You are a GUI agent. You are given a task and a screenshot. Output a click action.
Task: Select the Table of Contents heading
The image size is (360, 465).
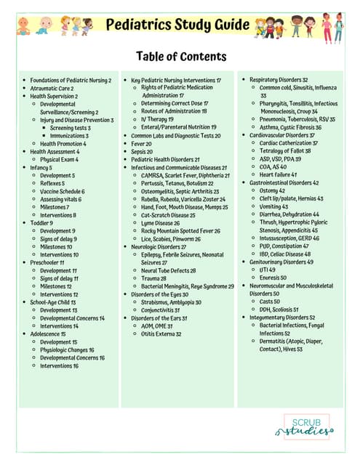click(x=180, y=57)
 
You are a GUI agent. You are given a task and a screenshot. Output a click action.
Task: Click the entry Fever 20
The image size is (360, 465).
click(x=142, y=144)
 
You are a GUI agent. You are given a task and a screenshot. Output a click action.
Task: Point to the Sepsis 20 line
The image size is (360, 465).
click(x=143, y=151)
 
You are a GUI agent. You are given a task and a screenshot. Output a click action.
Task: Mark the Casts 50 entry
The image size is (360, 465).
click(x=273, y=301)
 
